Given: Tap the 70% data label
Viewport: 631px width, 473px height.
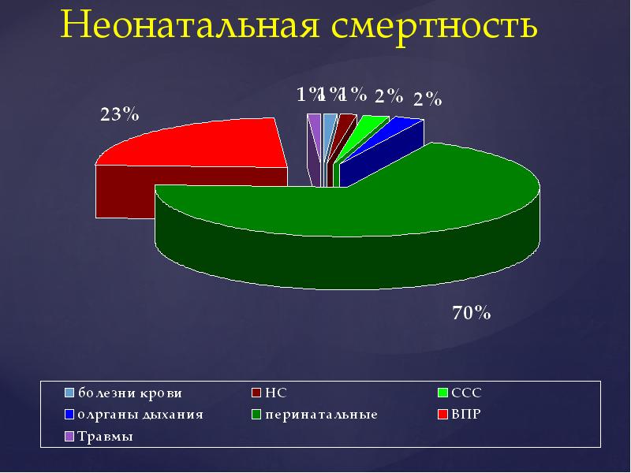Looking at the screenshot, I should click(472, 314).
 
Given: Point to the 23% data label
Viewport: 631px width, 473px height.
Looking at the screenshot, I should click(119, 114).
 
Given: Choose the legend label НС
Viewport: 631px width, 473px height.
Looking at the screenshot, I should click(275, 392).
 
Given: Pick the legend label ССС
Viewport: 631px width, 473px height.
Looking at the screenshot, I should click(465, 392).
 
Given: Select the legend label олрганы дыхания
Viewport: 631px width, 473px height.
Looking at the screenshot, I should click(140, 414).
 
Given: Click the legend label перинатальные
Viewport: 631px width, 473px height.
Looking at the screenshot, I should click(320, 414).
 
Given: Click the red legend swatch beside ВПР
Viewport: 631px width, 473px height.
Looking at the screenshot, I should click(443, 414).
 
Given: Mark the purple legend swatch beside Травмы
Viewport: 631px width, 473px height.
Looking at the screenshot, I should click(69, 437).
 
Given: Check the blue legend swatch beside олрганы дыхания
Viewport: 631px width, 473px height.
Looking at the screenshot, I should click(69, 414).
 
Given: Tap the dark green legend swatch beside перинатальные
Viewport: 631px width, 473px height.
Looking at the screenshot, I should click(256, 414).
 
